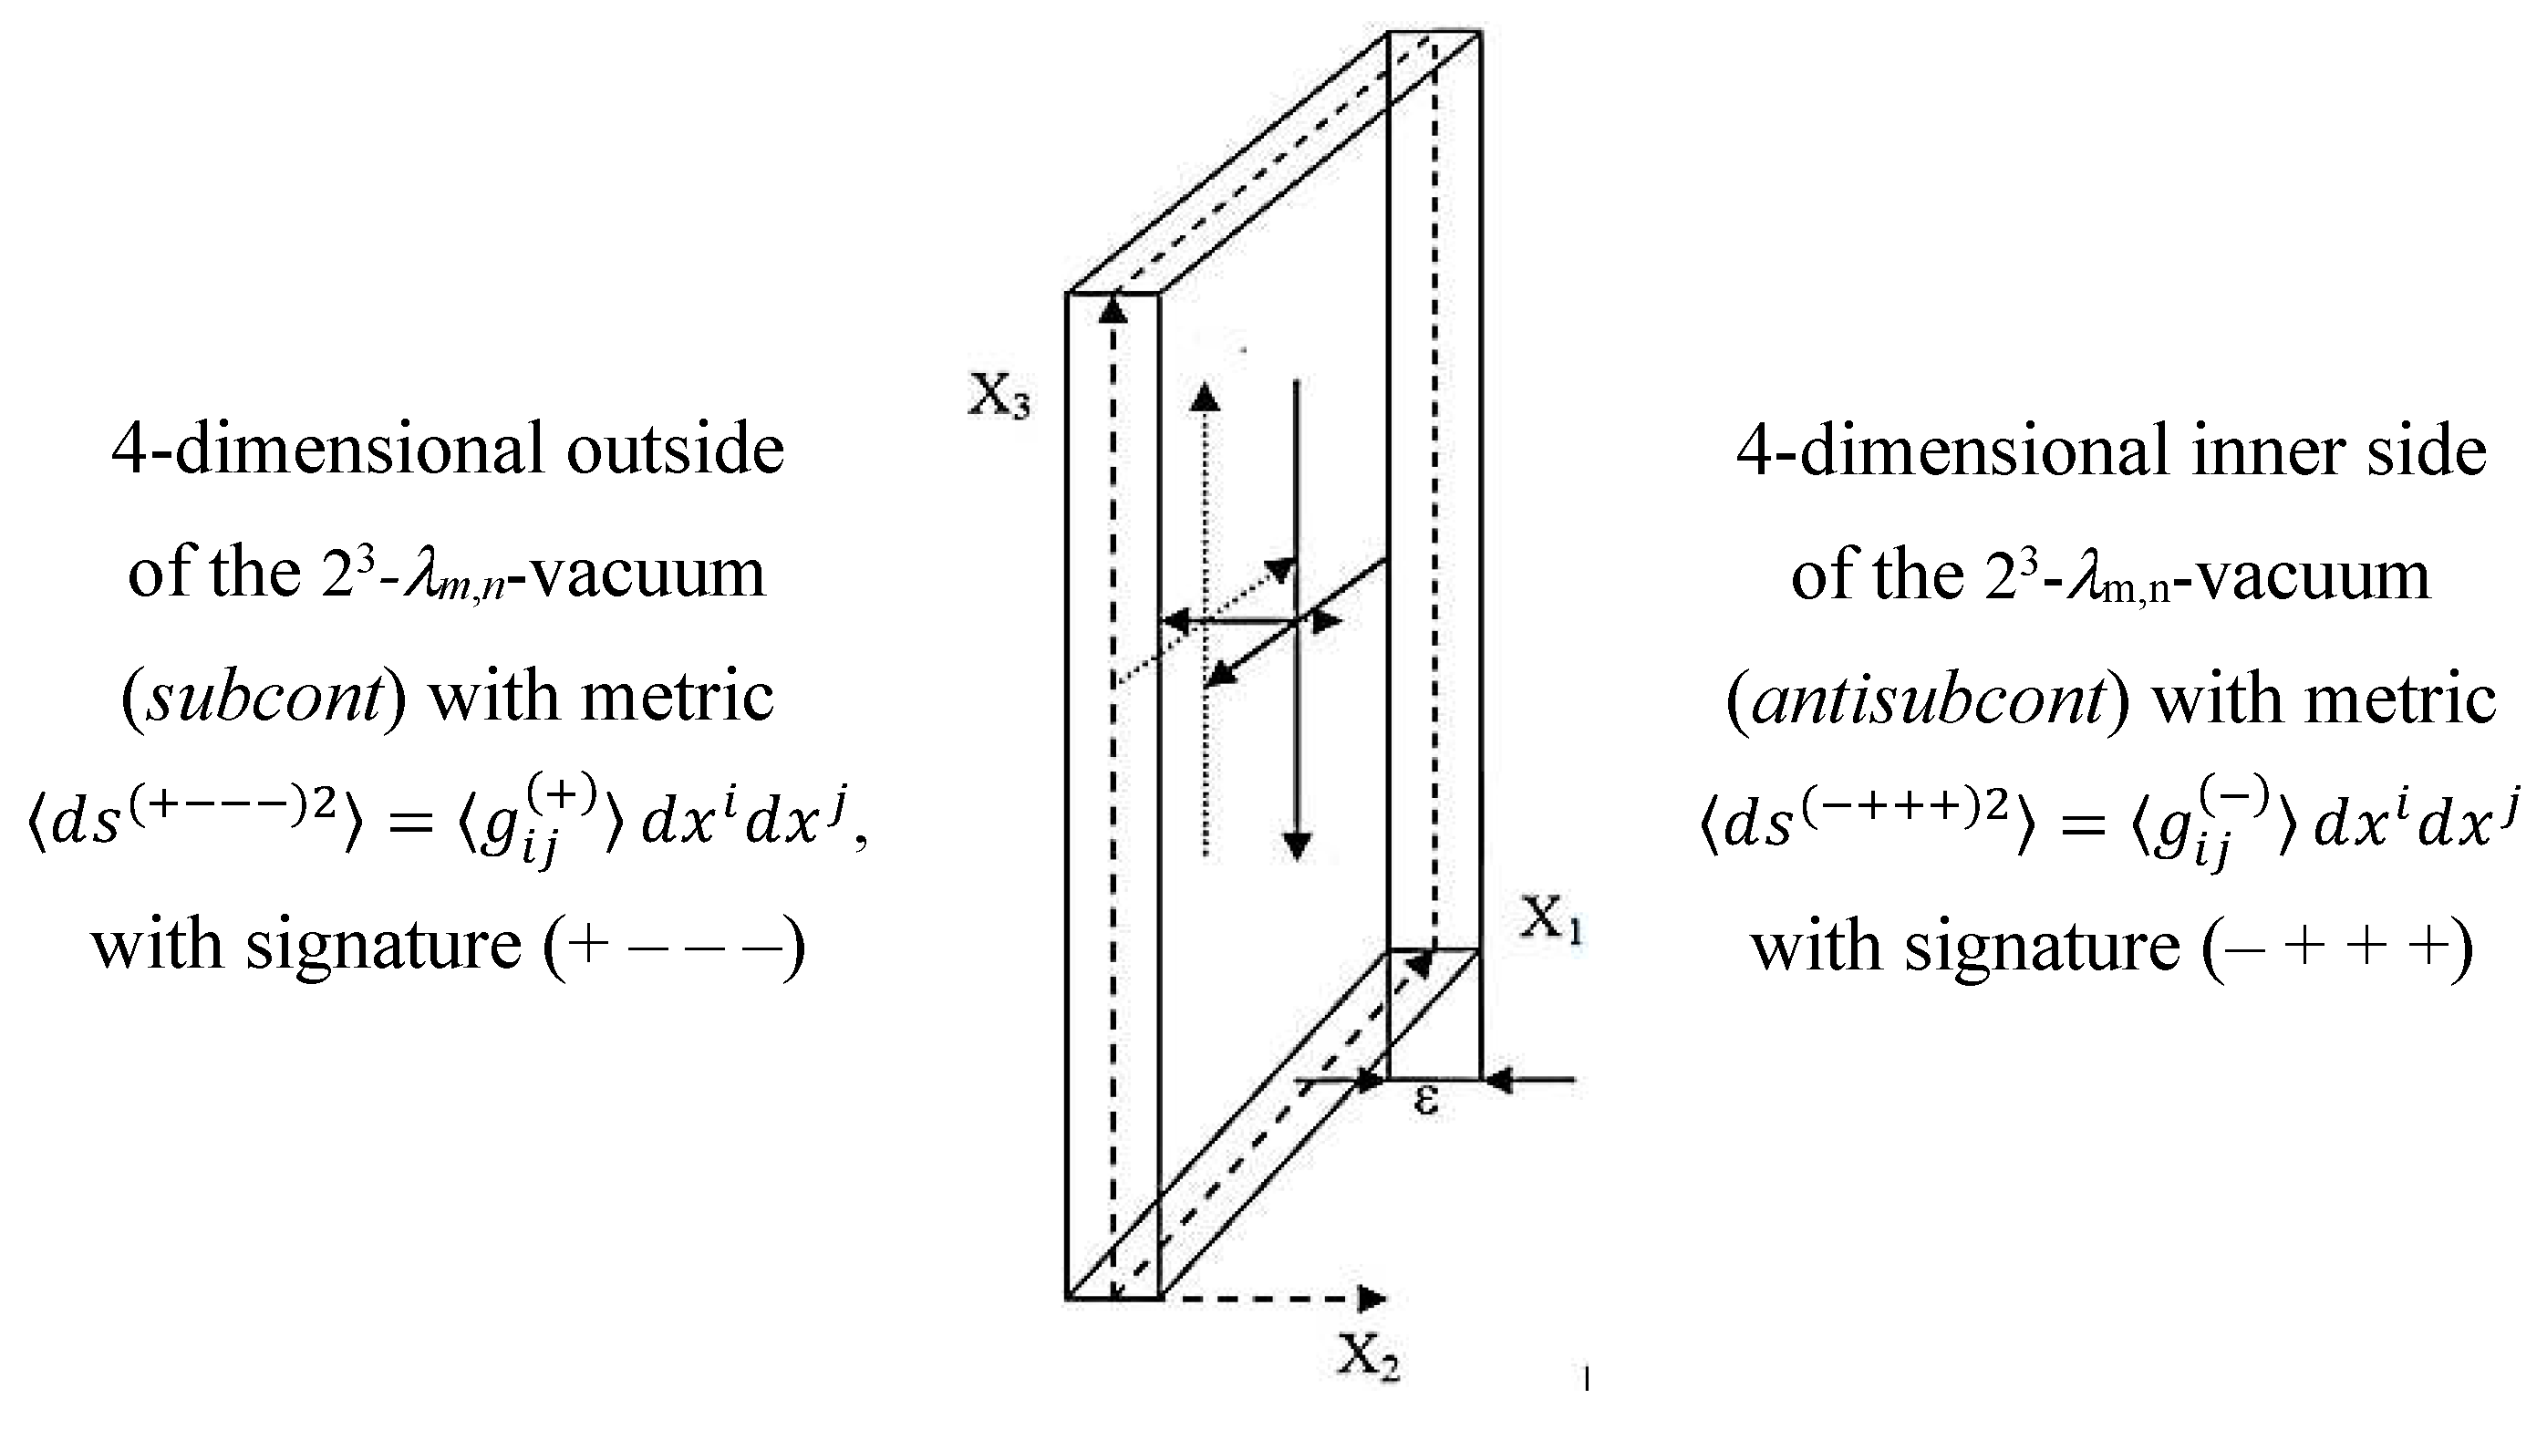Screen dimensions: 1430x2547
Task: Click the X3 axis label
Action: pyautogui.click(x=999, y=398)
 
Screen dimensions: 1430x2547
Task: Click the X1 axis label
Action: pyautogui.click(x=1551, y=918)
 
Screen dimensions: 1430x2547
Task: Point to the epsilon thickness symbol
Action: pyautogui.click(x=1424, y=1100)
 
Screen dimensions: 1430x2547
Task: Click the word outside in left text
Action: pyautogui.click(x=676, y=450)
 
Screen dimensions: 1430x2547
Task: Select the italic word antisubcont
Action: pyautogui.click(x=1927, y=699)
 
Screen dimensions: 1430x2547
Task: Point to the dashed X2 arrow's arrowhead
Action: pyautogui.click(x=1372, y=1298)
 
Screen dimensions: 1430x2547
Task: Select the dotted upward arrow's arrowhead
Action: pyautogui.click(x=1205, y=398)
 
